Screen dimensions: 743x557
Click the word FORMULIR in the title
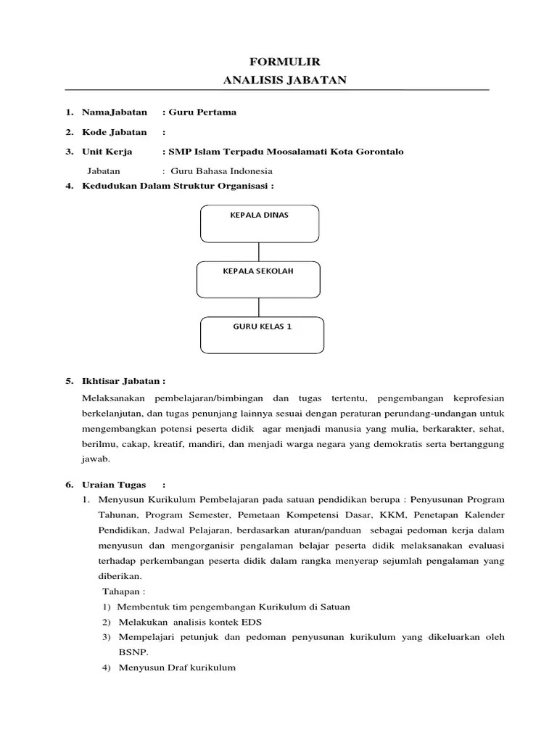tap(278, 63)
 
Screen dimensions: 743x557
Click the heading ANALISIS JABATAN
tap(278, 80)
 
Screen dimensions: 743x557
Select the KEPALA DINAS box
tap(259, 223)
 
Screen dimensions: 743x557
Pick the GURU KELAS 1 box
tap(262, 334)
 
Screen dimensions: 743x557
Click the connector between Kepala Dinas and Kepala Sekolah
tap(259, 252)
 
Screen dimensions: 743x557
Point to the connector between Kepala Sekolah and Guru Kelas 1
tap(259, 307)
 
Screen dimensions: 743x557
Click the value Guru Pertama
tap(202, 112)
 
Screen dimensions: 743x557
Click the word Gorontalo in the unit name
tap(376, 152)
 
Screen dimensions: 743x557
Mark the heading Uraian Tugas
tap(115, 485)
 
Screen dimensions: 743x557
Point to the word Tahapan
tap(124, 591)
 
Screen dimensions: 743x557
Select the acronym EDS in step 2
tap(253, 622)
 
